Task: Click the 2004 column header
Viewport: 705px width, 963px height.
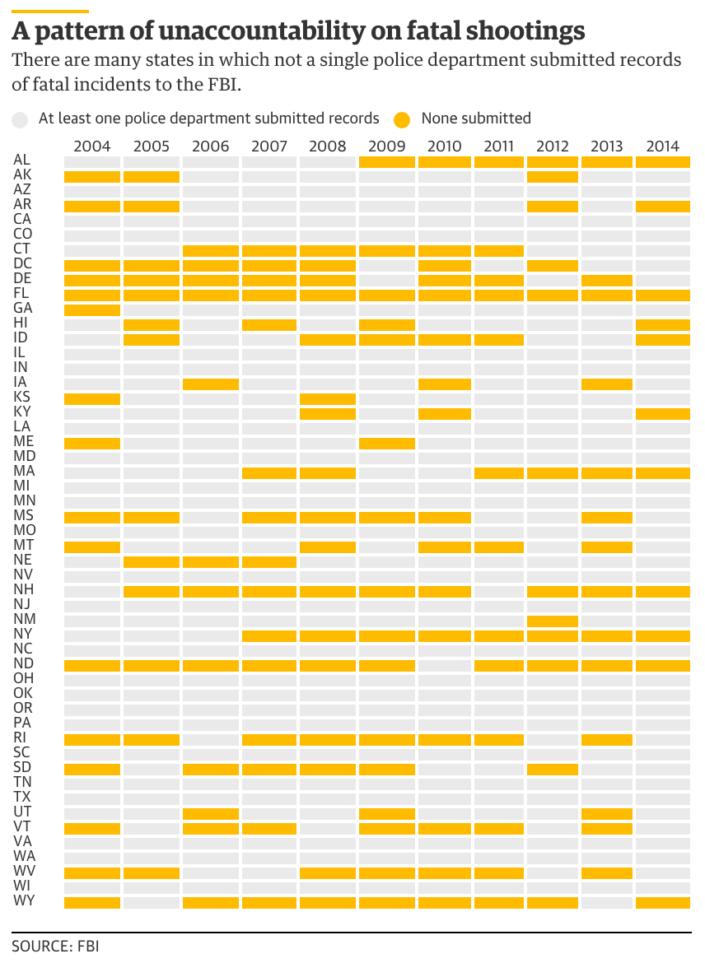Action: (92, 147)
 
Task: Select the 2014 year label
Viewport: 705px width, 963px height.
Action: (662, 147)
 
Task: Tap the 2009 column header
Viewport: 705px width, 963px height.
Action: (386, 147)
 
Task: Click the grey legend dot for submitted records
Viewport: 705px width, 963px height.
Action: (21, 119)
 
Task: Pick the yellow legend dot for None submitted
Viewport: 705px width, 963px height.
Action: (402, 119)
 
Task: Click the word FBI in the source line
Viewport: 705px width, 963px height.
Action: (87, 947)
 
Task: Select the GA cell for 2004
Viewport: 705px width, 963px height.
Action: (92, 309)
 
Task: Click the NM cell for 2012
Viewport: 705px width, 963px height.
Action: (553, 620)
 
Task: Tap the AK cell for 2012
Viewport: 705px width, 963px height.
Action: (553, 176)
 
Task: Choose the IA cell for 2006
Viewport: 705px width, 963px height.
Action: (211, 384)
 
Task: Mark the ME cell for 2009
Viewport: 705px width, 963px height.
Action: (386, 443)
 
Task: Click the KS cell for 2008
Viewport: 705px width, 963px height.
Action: (328, 398)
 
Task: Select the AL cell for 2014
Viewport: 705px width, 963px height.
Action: (662, 161)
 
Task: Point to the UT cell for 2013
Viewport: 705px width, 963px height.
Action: (607, 812)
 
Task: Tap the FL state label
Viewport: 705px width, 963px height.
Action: (22, 295)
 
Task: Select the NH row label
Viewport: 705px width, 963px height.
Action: (23, 590)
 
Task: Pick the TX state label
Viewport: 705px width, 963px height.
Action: (22, 797)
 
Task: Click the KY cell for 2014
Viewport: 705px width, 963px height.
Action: (662, 413)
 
